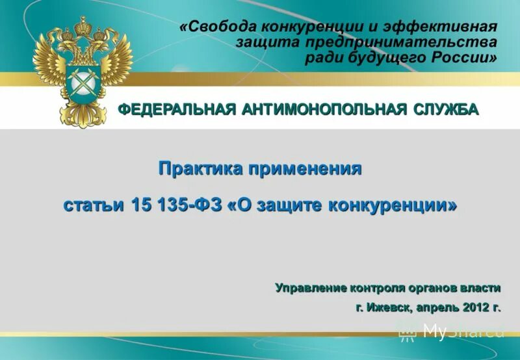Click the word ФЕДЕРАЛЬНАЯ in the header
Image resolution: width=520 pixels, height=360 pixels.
pyautogui.click(x=176, y=109)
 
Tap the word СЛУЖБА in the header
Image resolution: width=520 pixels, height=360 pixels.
pyautogui.click(x=447, y=109)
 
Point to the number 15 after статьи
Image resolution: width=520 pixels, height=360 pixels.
pyautogui.click(x=140, y=204)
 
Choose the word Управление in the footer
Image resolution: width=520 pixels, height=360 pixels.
pyautogui.click(x=310, y=287)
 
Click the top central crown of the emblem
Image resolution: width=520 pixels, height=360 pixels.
pyautogui.click(x=83, y=26)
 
